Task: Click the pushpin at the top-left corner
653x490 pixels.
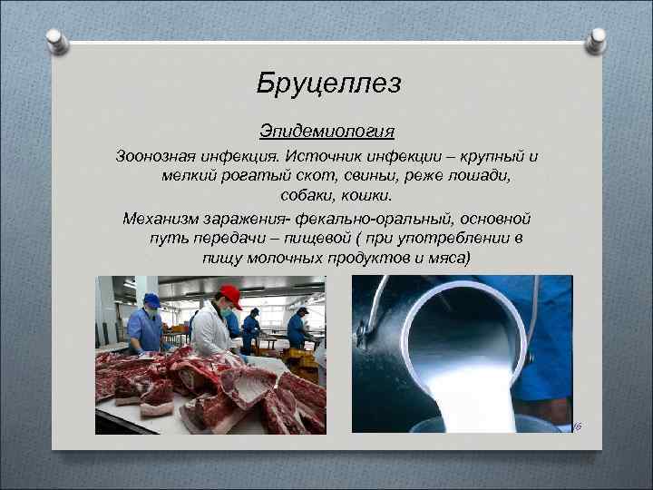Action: [x=56, y=40]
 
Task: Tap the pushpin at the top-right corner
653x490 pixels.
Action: [x=596, y=40]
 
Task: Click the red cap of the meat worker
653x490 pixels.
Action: [x=229, y=294]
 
